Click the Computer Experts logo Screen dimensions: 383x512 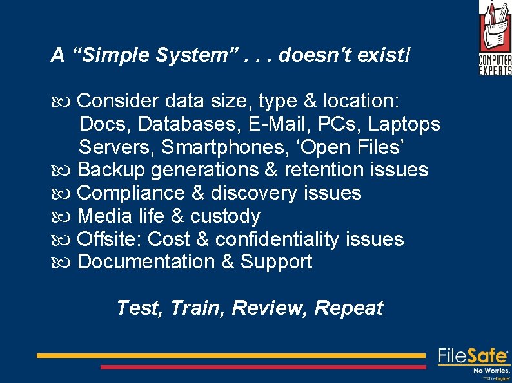point(495,38)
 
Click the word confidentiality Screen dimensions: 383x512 point(277,239)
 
